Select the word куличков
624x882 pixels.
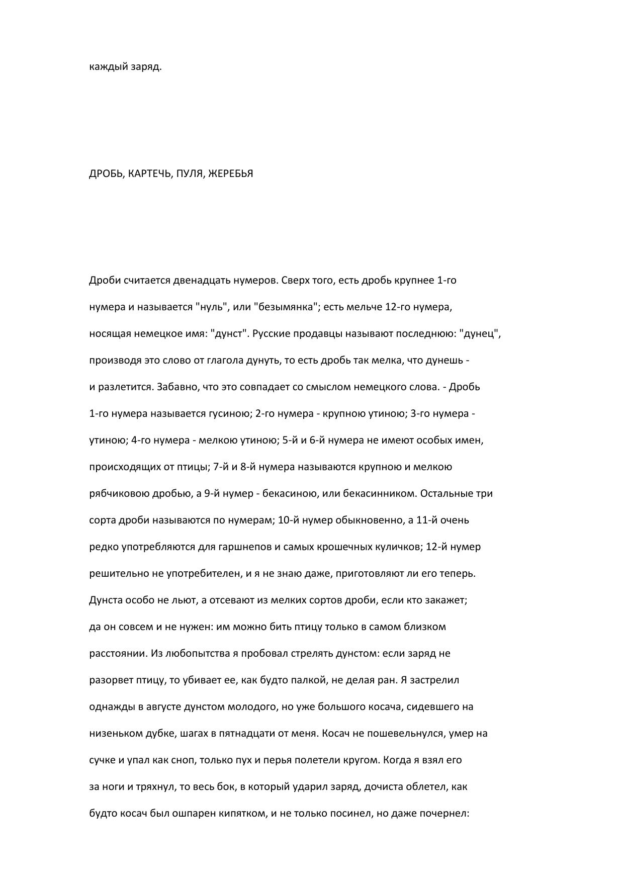click(x=397, y=547)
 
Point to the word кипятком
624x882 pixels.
click(x=243, y=813)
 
